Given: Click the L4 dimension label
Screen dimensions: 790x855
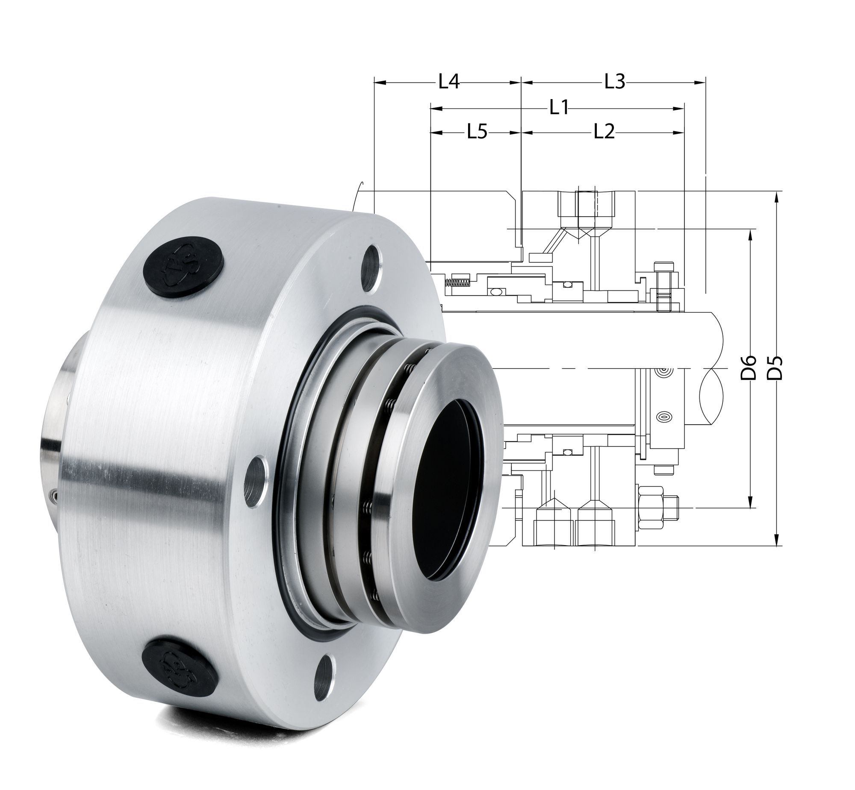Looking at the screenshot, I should pyautogui.click(x=449, y=82).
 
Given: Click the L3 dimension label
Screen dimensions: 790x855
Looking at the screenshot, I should pyautogui.click(x=615, y=82).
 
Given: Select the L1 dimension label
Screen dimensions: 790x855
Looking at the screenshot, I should pyautogui.click(x=559, y=108).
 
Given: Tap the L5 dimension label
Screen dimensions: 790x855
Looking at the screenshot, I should pyautogui.click(x=477, y=132).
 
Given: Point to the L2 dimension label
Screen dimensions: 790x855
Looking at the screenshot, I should pyautogui.click(x=604, y=132).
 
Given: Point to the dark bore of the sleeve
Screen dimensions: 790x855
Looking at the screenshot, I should pyautogui.click(x=449, y=509).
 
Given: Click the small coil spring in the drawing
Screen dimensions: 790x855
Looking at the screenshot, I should pyautogui.click(x=457, y=282).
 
